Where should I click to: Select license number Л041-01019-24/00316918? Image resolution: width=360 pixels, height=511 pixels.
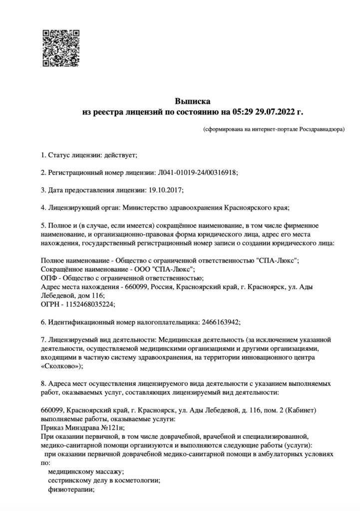pyautogui.click(x=197, y=172)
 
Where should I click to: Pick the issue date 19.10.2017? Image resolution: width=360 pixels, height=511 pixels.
pyautogui.click(x=166, y=190)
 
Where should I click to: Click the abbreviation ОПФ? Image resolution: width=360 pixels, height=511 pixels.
pyautogui.click(x=49, y=278)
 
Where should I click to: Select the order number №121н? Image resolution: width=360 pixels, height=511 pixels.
pyautogui.click(x=113, y=428)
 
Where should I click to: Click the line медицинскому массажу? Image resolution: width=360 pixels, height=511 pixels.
pyautogui.click(x=85, y=472)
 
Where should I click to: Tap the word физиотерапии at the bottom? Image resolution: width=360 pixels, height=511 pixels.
pyautogui.click(x=71, y=490)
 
